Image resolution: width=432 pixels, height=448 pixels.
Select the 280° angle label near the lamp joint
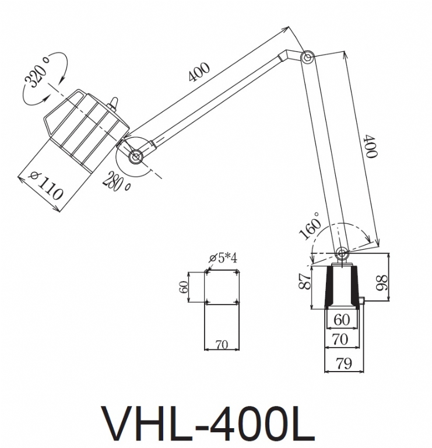pos(117,181)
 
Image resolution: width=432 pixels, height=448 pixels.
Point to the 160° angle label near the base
pos(311,230)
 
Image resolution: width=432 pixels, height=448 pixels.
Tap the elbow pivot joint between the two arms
pos(307,57)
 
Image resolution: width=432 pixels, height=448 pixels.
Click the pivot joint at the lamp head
pos(136,156)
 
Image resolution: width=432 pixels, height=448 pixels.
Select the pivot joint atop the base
pos(341,253)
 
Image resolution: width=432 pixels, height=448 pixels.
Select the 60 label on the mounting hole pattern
pos(183,286)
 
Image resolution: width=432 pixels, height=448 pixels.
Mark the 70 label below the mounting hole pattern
pos(222,344)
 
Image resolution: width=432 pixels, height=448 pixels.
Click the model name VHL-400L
pos(208,422)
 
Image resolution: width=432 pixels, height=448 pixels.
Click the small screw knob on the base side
pos(362,301)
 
